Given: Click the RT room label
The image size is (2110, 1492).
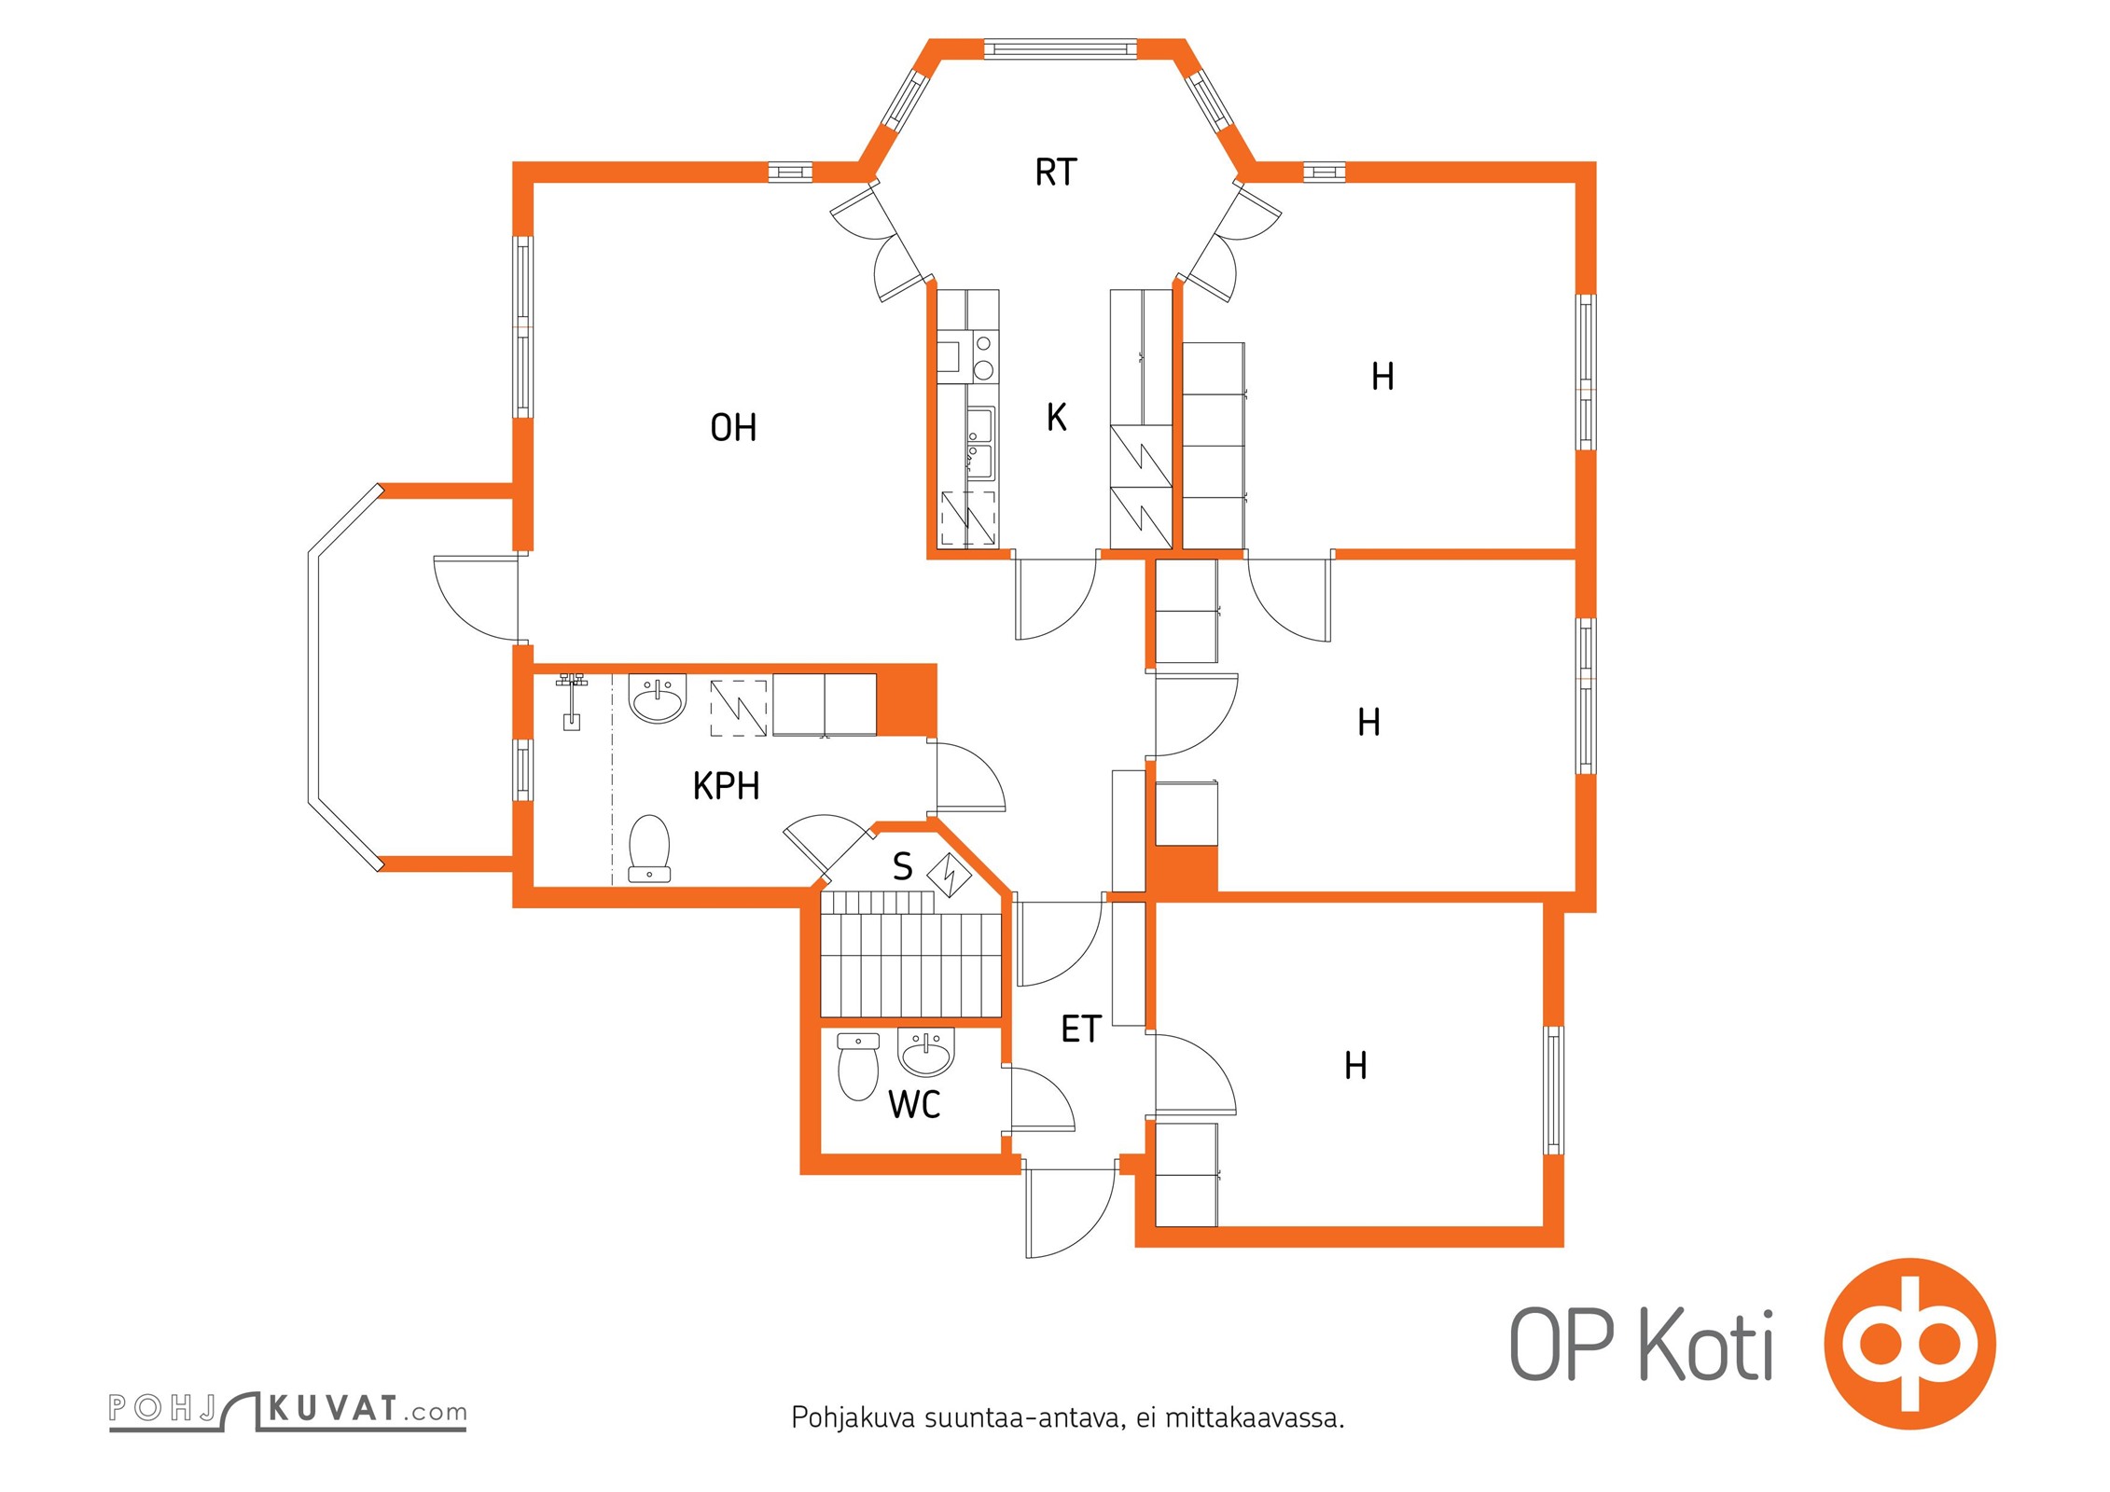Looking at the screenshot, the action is (x=1055, y=173).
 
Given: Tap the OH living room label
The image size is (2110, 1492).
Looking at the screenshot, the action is (x=733, y=428).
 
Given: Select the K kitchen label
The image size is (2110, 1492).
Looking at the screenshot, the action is (x=1056, y=417).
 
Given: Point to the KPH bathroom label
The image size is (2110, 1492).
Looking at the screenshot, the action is (x=726, y=786).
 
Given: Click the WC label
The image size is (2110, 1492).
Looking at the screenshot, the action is (x=914, y=1105).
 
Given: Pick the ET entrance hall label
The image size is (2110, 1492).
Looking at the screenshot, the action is (x=1081, y=1029).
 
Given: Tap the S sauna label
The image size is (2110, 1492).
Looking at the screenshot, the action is (x=902, y=866).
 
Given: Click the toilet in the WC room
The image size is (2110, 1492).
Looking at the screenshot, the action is (x=858, y=1067).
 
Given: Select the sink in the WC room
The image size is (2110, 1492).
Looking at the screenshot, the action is (x=926, y=1052).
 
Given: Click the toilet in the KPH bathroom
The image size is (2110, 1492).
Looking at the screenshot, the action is (x=649, y=849).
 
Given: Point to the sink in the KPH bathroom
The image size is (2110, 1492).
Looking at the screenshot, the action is (x=658, y=698).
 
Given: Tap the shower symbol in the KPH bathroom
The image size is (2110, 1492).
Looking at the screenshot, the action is (x=571, y=700).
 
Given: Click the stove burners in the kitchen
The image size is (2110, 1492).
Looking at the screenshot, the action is (x=983, y=357).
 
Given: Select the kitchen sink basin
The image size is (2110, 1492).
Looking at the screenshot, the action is (x=980, y=442).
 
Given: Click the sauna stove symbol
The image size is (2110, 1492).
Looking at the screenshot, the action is (x=951, y=875).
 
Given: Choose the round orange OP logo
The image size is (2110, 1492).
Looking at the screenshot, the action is (x=1909, y=1344).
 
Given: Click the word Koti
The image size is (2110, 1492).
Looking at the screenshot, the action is (x=1706, y=1345).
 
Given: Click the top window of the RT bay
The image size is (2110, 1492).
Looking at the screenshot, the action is (x=1061, y=48).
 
